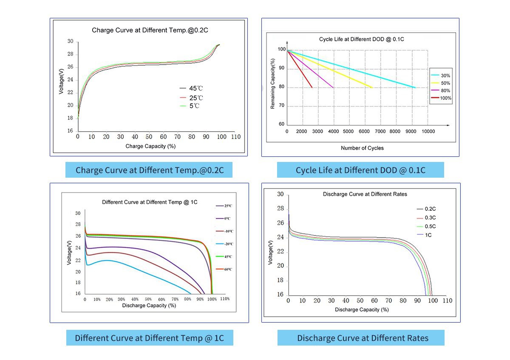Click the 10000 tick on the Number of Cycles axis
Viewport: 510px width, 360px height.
(x=428, y=132)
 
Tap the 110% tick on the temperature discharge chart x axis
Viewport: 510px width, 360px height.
(x=224, y=299)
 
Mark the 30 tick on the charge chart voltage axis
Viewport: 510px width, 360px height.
(x=70, y=42)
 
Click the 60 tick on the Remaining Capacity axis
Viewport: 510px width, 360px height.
(x=281, y=125)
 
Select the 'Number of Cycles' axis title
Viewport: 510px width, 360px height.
(x=362, y=148)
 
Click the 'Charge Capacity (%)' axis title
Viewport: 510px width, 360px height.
(x=150, y=146)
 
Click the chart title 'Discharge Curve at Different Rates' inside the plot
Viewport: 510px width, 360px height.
(x=365, y=194)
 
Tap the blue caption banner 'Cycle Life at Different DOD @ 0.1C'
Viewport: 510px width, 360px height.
(x=360, y=170)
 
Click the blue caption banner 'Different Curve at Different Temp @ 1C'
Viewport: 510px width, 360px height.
(x=150, y=338)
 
